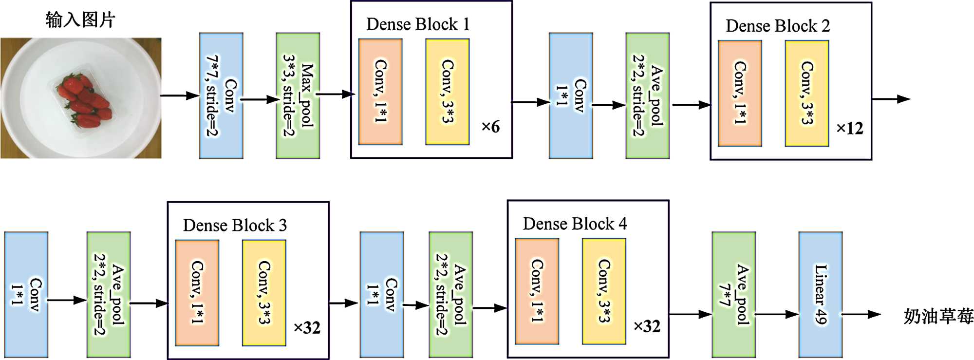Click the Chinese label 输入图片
click(x=80, y=20)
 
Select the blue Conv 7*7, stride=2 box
click(x=221, y=95)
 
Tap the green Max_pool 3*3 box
click(x=298, y=95)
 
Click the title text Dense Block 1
click(x=418, y=24)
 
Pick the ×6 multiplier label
click(x=490, y=127)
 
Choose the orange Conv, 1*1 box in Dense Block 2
click(x=740, y=93)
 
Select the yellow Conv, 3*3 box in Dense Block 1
click(x=447, y=92)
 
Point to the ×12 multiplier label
click(x=849, y=129)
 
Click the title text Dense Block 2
click(x=777, y=26)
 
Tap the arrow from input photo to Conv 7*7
click(x=180, y=95)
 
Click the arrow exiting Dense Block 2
click(x=891, y=99)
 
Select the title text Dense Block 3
click(x=235, y=226)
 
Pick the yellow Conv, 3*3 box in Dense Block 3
click(x=264, y=292)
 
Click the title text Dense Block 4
click(x=575, y=224)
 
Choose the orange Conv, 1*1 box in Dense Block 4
click(x=537, y=291)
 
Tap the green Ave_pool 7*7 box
click(x=733, y=294)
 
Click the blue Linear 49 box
click(x=820, y=294)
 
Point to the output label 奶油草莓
click(x=938, y=317)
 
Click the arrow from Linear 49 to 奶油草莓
click(x=861, y=314)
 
